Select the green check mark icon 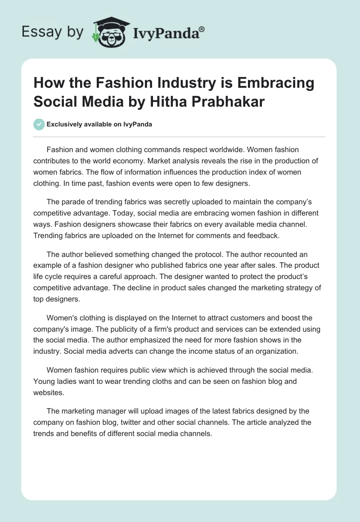pos(39,125)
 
